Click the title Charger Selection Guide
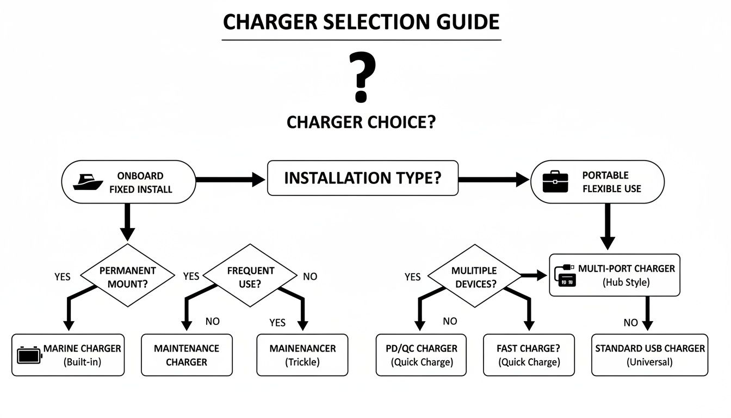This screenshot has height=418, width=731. pyautogui.click(x=361, y=22)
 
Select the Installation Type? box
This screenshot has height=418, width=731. pyautogui.click(x=362, y=178)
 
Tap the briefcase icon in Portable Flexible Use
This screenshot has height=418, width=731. pyautogui.click(x=555, y=182)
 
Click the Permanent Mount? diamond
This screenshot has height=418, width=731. pyautogui.click(x=127, y=276)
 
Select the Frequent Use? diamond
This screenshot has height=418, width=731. pyautogui.click(x=251, y=276)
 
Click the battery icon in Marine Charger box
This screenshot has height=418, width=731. pyautogui.click(x=29, y=355)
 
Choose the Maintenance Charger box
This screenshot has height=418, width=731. pyautogui.click(x=187, y=355)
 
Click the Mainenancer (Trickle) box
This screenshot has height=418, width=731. pyautogui.click(x=302, y=355)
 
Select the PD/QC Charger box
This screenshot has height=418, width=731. pyautogui.click(x=422, y=355)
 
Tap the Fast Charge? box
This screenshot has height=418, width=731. pyautogui.click(x=528, y=355)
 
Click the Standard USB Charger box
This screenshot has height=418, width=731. pyautogui.click(x=649, y=355)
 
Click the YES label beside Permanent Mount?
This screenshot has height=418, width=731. pyautogui.click(x=63, y=276)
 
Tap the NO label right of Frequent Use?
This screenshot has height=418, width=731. pyautogui.click(x=310, y=276)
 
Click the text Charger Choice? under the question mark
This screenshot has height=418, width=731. pyautogui.click(x=361, y=122)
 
